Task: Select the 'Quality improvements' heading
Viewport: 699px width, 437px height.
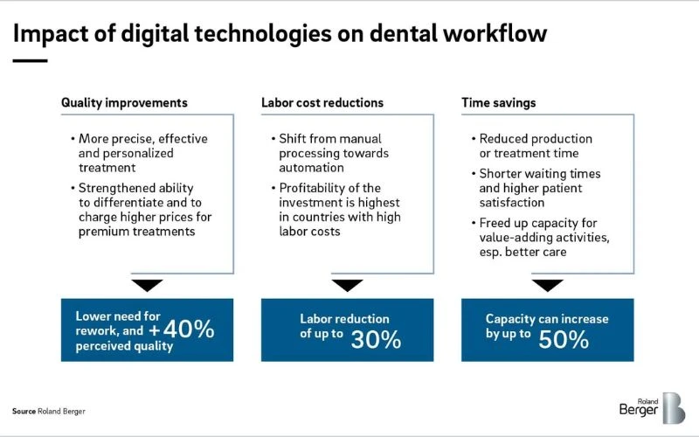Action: [124, 103]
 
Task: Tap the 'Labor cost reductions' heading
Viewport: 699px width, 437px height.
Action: [322, 103]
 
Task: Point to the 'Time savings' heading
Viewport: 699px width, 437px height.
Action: [499, 103]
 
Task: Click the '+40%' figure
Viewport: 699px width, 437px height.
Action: [181, 330]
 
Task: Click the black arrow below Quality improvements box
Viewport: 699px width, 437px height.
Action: [148, 285]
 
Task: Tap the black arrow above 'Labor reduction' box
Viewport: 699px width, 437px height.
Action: [348, 285]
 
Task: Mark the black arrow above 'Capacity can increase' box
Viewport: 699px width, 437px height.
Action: [548, 285]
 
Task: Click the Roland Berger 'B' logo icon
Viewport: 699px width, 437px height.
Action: [673, 408]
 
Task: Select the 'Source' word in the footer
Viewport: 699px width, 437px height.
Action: [24, 411]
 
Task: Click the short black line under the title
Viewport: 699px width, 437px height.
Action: [30, 60]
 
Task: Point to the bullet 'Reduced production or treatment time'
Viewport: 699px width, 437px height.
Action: [536, 146]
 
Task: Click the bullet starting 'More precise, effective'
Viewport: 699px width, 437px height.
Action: [143, 153]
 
